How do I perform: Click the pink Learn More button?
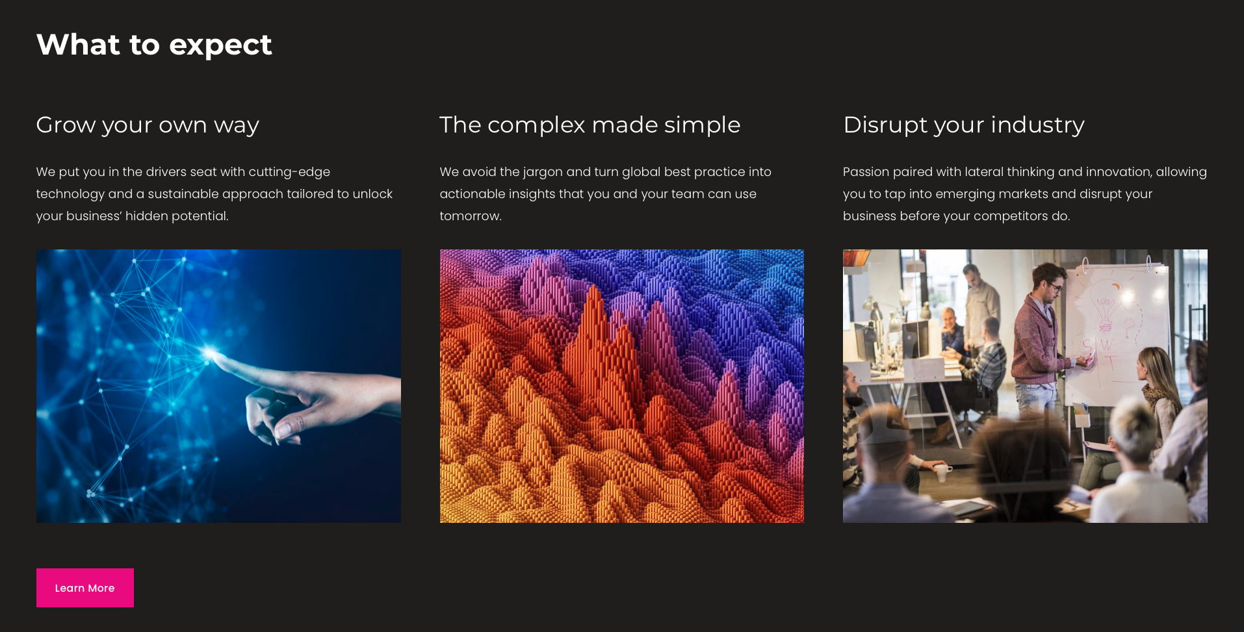click(x=84, y=588)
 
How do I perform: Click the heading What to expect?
click(x=154, y=45)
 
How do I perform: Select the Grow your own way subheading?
click(x=148, y=125)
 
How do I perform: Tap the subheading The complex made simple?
click(x=590, y=125)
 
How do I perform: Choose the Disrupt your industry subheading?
click(x=963, y=125)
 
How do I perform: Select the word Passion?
click(x=866, y=172)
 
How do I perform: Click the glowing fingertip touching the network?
click(x=211, y=354)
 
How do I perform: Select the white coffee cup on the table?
click(x=940, y=470)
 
